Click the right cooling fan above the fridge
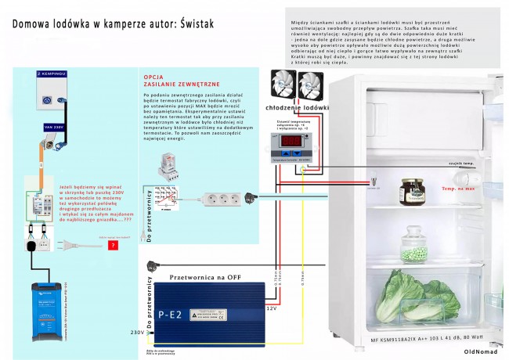click(x=310, y=84)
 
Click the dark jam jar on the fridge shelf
click(x=411, y=191)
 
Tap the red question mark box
click(x=114, y=245)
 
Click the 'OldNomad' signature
click(x=479, y=352)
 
